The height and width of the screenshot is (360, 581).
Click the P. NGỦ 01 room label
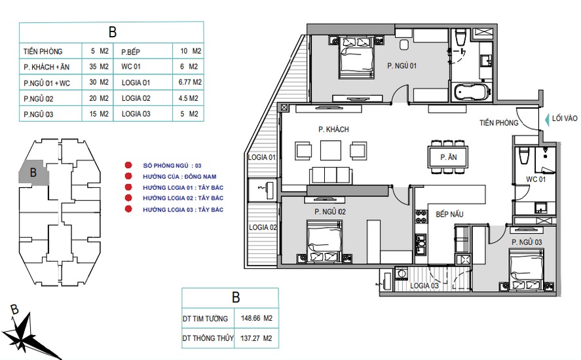click(x=402, y=66)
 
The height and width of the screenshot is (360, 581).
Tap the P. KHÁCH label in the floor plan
click(x=333, y=129)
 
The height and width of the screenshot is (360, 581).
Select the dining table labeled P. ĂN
click(x=448, y=157)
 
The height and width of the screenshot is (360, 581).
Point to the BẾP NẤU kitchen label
click(x=449, y=214)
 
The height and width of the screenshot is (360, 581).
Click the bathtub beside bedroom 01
click(x=472, y=92)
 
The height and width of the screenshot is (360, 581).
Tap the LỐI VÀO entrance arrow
click(x=547, y=119)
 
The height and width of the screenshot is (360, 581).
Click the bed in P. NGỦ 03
click(x=526, y=268)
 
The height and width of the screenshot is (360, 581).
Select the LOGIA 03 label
click(x=424, y=285)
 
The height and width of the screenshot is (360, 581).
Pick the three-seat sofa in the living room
click(x=331, y=175)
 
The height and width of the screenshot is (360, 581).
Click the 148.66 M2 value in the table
click(x=256, y=318)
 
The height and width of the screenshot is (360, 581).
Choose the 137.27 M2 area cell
click(x=256, y=338)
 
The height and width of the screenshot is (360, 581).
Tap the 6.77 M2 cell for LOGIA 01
click(x=190, y=82)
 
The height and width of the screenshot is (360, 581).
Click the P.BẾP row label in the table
click(x=131, y=52)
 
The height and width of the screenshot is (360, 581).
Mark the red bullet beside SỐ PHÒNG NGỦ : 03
click(x=128, y=165)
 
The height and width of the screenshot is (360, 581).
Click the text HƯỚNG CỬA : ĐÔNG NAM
click(x=179, y=177)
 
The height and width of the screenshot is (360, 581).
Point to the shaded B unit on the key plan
click(x=33, y=172)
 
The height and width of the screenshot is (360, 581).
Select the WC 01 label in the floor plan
click(x=536, y=179)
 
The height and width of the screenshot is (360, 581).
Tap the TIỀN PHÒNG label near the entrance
click(x=498, y=123)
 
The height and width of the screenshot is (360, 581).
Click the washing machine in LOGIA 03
click(x=402, y=274)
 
